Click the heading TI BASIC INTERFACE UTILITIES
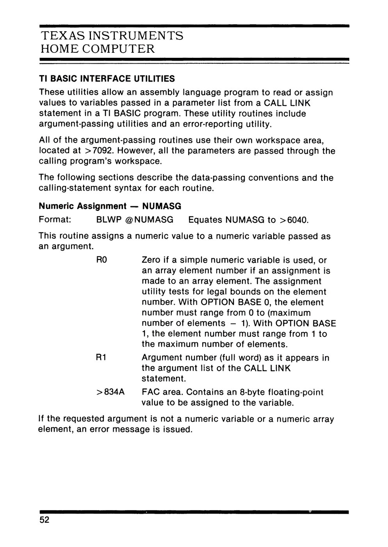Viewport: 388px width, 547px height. point(107,79)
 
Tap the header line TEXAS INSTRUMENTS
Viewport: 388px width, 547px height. point(112,36)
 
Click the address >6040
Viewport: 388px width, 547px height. point(294,220)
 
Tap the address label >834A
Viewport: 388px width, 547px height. point(110,392)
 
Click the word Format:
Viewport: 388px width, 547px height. point(55,220)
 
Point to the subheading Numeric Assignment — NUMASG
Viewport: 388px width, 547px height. point(110,206)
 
